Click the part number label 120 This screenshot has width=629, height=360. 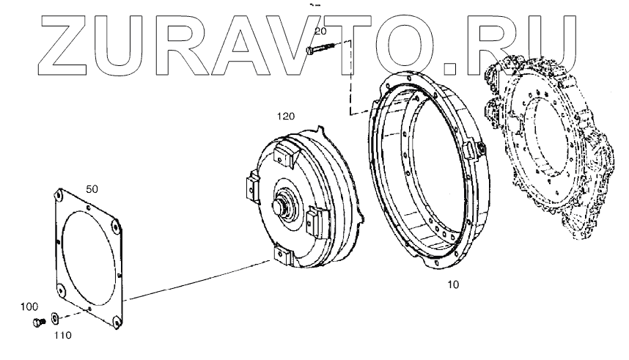tap(286, 117)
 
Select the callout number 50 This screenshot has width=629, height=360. tap(92, 189)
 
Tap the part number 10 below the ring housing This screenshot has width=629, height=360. tap(453, 284)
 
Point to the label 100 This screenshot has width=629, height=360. tap(29, 307)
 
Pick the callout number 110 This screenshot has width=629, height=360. tap(63, 335)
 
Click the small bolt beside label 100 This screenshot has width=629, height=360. tap(38, 321)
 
